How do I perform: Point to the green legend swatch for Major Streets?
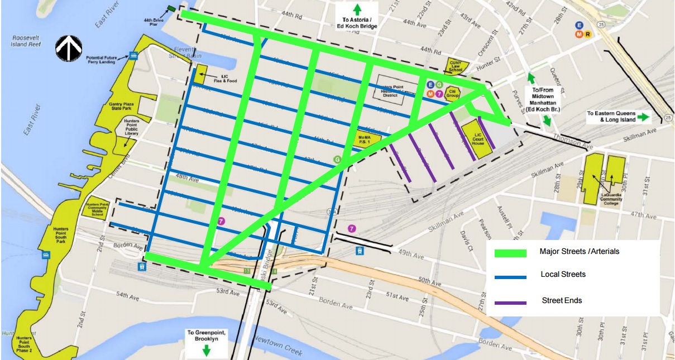pyautogui.click(x=510, y=253)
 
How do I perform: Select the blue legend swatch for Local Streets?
pyautogui.click(x=510, y=276)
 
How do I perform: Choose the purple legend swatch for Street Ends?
pyautogui.click(x=510, y=302)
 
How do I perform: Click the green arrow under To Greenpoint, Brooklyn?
pyautogui.click(x=206, y=350)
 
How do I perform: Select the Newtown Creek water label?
pyautogui.click(x=279, y=345)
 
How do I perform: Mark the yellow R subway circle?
pyautogui.click(x=588, y=33)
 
